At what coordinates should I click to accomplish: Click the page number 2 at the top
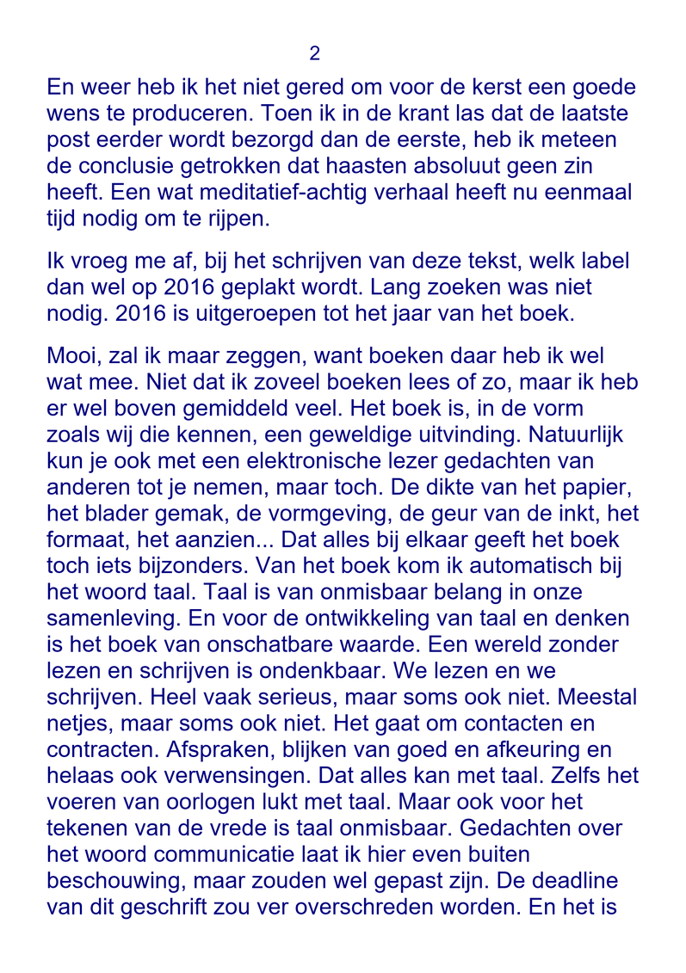click(314, 54)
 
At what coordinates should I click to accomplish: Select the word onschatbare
click(291, 644)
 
